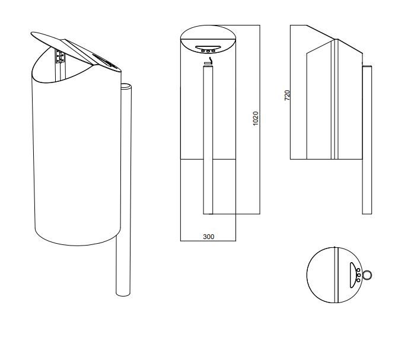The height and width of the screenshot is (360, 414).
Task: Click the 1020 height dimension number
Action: coord(256,119)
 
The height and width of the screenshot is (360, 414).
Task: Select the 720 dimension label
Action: coord(286,95)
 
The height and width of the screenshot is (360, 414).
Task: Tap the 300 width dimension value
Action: coord(208,237)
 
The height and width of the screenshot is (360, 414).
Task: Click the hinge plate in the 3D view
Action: coord(60,56)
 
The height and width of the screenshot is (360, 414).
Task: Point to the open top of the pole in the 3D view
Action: coord(125,87)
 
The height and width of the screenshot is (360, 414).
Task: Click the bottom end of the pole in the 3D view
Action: coord(123,294)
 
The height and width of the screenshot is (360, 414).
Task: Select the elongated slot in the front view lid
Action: coord(208,47)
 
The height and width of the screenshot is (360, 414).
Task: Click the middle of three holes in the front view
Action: coord(208,52)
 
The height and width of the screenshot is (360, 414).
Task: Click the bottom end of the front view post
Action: coord(208,212)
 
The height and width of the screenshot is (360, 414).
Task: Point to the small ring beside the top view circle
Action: coord(368,275)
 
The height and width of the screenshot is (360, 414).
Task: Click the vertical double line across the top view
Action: coord(336,273)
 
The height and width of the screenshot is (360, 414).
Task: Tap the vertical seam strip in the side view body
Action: coord(336,101)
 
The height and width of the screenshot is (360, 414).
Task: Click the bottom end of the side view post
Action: coord(367,212)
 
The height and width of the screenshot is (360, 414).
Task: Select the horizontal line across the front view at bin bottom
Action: coord(208,160)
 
